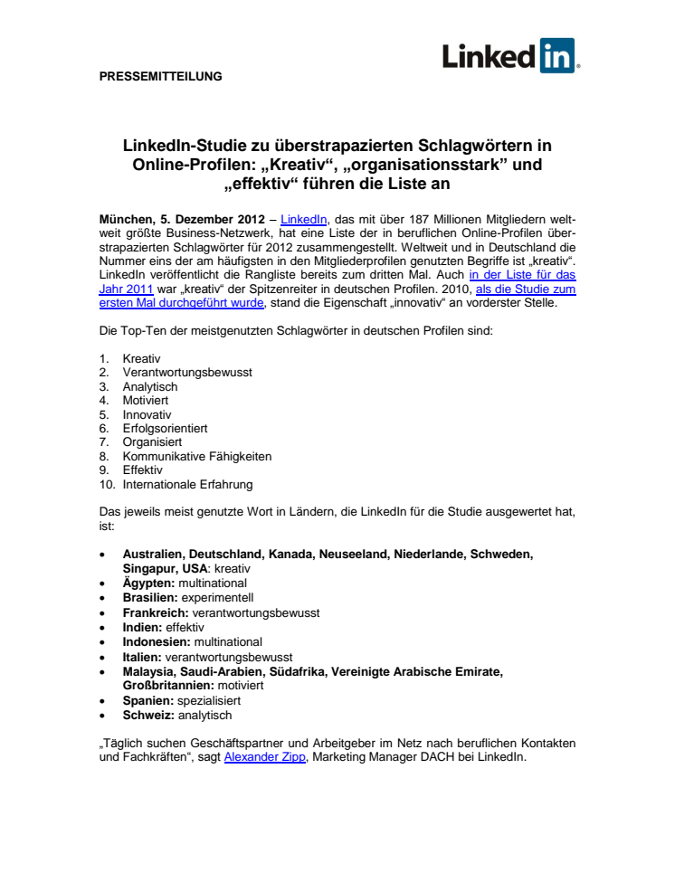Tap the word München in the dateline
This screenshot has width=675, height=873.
point(126,219)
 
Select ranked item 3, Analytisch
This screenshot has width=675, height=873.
point(149,385)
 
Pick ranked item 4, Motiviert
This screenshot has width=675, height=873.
point(145,399)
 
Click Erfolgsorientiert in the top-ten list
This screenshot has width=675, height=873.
point(166,427)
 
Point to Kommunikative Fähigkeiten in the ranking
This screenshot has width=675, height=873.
point(196,456)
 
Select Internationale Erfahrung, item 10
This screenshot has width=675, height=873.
point(187,484)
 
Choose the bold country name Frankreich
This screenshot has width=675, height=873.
point(155,612)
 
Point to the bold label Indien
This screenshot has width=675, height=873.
point(142,627)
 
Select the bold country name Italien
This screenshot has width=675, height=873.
point(143,656)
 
